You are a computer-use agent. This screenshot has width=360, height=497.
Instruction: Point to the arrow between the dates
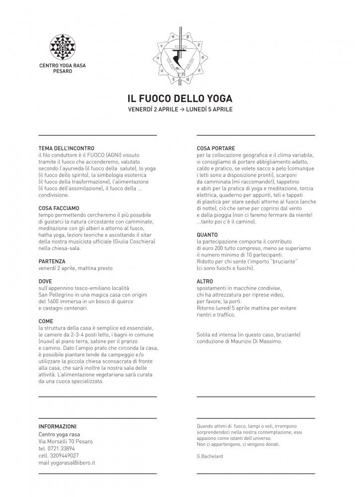(x=182, y=109)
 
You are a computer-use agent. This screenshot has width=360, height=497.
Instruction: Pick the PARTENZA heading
(x=52, y=261)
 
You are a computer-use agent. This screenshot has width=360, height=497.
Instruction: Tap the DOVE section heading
(x=45, y=281)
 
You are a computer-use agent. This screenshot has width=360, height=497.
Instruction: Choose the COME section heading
(x=46, y=321)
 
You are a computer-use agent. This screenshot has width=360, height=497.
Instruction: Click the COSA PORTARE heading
(x=216, y=149)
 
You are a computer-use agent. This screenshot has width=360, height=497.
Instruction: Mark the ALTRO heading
(x=205, y=281)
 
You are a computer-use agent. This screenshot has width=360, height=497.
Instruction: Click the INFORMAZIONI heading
(x=58, y=426)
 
